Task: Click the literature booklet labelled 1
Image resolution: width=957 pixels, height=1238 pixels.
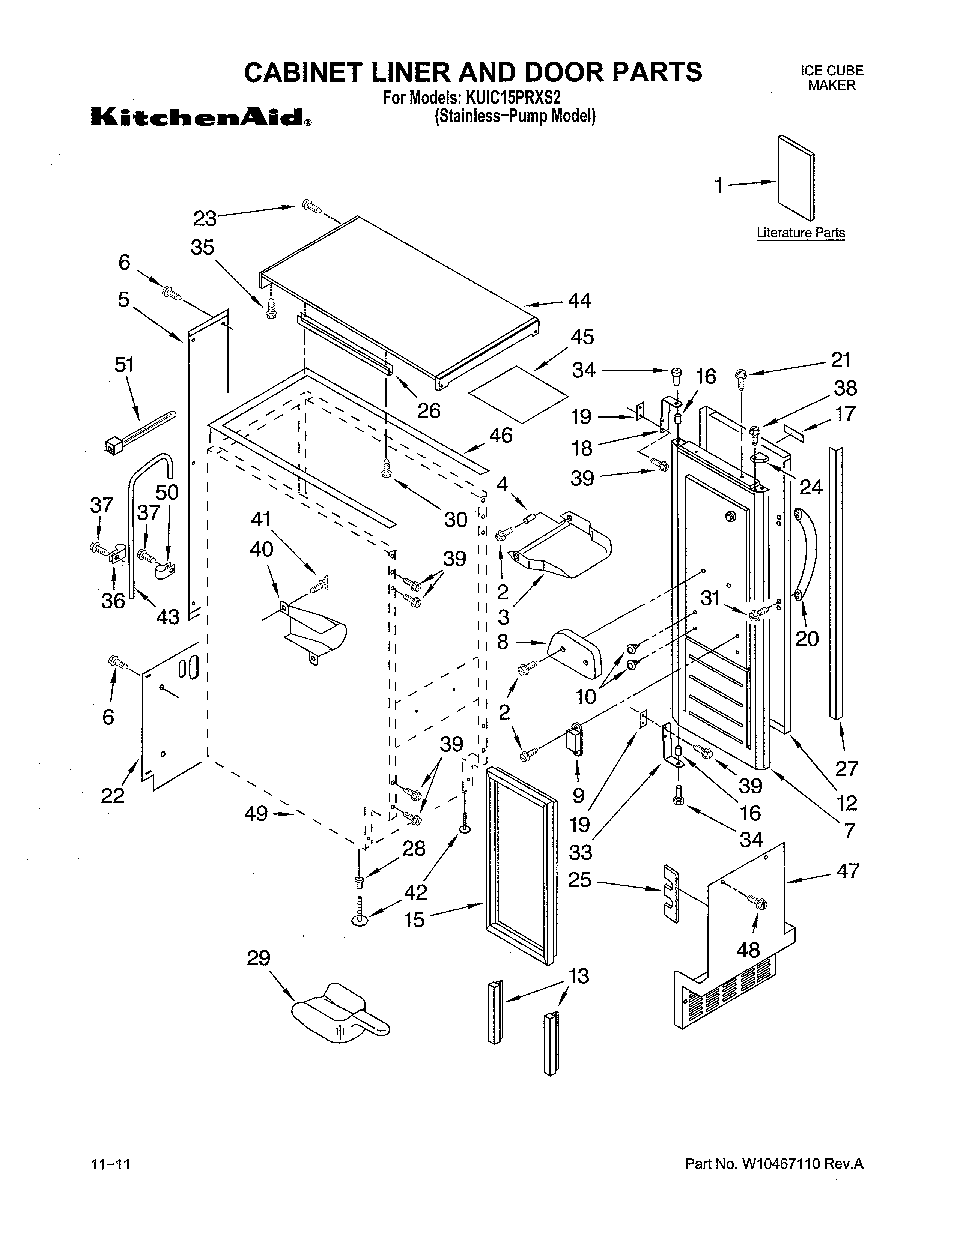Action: coord(795,177)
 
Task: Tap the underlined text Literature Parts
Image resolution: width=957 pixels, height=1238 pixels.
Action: coord(800,233)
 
